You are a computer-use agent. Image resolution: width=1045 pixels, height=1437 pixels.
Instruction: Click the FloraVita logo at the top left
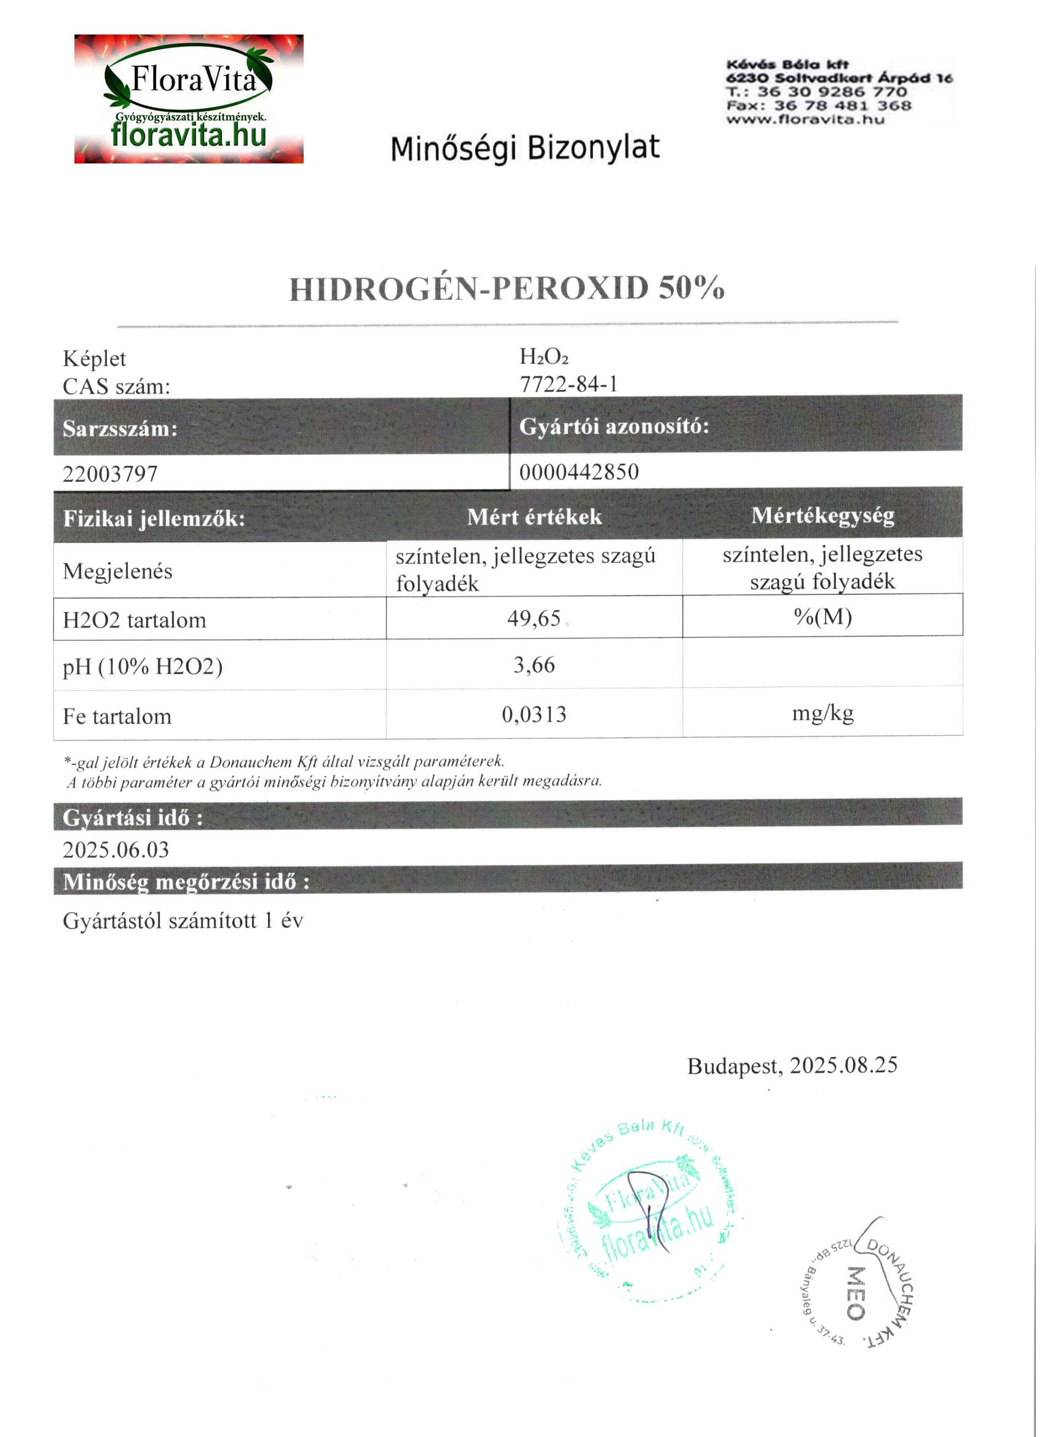click(x=189, y=99)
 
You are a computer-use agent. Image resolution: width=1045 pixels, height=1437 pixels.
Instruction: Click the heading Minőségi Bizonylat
click(x=525, y=148)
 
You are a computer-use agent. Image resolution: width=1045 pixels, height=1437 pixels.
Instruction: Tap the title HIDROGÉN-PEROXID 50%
click(x=507, y=289)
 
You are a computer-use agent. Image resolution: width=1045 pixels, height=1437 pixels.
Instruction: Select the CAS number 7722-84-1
click(x=569, y=385)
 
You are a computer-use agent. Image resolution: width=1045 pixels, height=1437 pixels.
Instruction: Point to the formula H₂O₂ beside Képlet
click(x=544, y=357)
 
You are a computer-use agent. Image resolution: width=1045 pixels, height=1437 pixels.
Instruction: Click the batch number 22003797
click(x=110, y=474)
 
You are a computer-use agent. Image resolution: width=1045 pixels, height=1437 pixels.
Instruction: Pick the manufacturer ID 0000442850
click(x=578, y=472)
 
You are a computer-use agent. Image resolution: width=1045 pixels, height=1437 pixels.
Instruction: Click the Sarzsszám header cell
click(x=120, y=429)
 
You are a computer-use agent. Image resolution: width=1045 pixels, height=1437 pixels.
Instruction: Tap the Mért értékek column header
click(x=534, y=517)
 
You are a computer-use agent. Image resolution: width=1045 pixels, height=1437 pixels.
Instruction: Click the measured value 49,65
click(x=534, y=618)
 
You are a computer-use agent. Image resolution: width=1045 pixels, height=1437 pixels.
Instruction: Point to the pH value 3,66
click(x=534, y=665)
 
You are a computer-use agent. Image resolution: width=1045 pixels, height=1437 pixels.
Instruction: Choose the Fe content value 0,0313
click(x=534, y=715)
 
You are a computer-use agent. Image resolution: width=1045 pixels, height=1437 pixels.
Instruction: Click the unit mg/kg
click(x=822, y=714)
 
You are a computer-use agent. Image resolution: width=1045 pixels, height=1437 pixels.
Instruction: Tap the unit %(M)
click(x=822, y=616)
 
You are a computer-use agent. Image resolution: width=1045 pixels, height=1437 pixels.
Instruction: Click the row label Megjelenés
click(x=117, y=572)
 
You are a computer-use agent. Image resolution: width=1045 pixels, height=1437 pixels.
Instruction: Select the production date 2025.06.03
click(x=116, y=850)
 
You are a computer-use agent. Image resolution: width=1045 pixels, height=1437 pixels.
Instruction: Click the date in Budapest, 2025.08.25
click(x=843, y=1066)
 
